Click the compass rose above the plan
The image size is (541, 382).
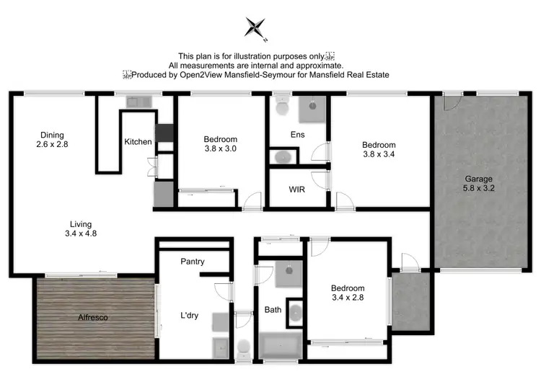[x=255, y=28]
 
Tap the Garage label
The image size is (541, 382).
[x=478, y=179]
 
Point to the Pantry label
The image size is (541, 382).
[x=193, y=262]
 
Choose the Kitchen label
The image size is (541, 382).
[x=138, y=142]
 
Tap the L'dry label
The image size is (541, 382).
[x=191, y=315]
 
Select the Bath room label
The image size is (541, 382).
[x=273, y=310]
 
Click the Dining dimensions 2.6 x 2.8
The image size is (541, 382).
[x=52, y=145]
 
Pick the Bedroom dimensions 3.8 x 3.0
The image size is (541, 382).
[x=220, y=148]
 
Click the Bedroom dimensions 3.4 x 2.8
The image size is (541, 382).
[x=348, y=298]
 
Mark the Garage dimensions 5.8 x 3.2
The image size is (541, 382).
[x=478, y=189]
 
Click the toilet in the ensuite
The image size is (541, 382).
[x=282, y=108]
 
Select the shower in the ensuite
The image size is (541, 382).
[x=312, y=109]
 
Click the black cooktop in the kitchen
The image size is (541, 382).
[x=164, y=132]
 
